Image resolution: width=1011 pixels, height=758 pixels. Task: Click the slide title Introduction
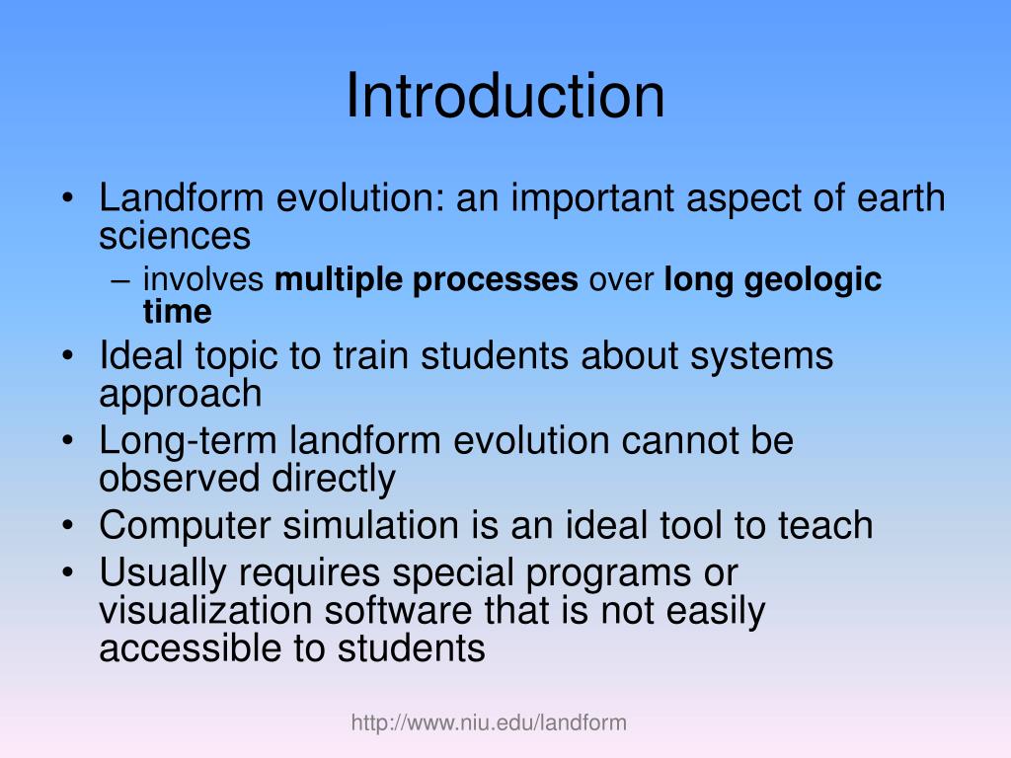(505, 97)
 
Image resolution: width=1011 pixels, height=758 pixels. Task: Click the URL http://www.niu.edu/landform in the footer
(489, 723)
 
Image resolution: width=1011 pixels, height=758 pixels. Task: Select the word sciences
(175, 236)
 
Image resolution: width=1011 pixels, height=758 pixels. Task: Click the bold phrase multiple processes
(427, 280)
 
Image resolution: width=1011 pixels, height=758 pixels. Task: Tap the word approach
(181, 395)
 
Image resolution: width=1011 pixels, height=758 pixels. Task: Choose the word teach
(825, 525)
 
